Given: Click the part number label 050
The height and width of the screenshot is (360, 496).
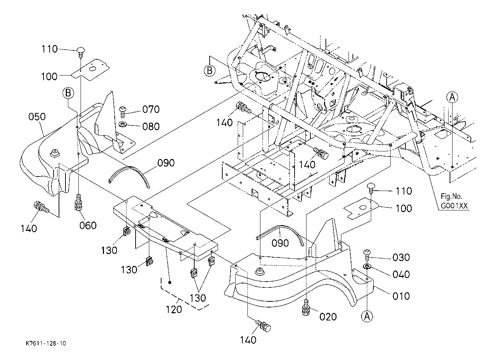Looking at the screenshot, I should (37, 117).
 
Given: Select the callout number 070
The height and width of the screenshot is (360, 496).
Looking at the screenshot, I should (151, 109).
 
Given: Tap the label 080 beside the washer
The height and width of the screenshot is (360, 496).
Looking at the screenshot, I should (151, 126).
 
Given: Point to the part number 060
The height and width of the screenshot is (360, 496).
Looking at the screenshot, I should (88, 225).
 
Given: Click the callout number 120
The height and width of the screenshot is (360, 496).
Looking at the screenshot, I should (174, 309).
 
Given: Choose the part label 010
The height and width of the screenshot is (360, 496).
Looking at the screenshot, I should (401, 296).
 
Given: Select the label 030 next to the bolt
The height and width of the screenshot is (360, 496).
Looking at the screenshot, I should (401, 258).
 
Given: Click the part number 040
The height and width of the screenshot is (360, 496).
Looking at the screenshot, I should (401, 274).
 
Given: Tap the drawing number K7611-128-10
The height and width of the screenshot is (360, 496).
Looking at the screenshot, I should (46, 343).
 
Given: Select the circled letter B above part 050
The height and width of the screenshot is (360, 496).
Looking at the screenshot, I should (68, 93).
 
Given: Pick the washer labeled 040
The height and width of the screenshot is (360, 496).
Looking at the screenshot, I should (367, 266).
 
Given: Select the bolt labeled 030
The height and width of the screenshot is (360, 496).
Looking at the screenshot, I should (367, 255).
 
